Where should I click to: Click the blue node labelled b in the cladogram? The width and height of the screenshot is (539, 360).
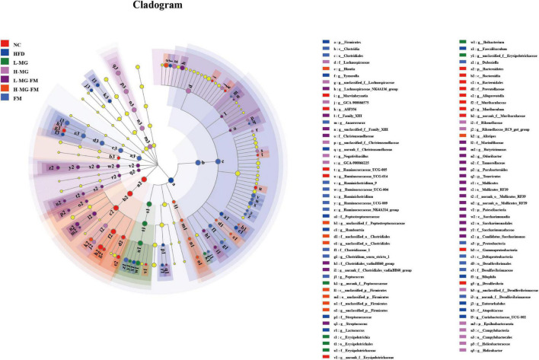tap(200, 163)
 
